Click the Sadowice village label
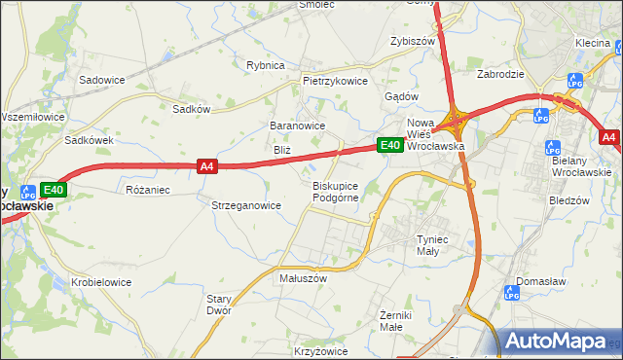pos(104,80)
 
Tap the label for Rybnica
pos(266,65)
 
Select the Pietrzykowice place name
pos(336,82)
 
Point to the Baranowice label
pos(297,126)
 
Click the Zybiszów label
pos(411,42)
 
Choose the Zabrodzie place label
pos(501,73)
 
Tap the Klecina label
pos(592,43)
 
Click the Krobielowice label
pos(101,282)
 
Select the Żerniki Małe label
pos(397,322)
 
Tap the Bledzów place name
pos(569,200)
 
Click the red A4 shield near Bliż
pos(206,166)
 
